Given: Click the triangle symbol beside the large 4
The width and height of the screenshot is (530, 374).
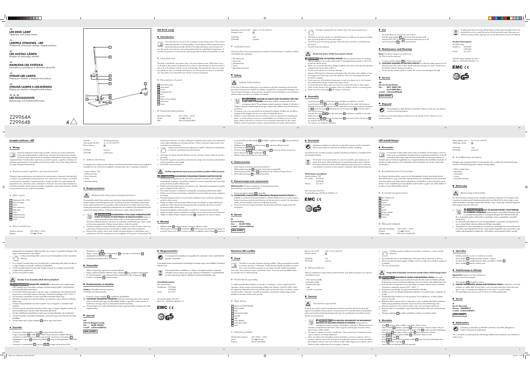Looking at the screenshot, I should (73, 122).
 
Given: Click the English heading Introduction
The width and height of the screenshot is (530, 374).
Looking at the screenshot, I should (167, 37).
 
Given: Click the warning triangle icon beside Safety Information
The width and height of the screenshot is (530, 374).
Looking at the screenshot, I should (234, 83).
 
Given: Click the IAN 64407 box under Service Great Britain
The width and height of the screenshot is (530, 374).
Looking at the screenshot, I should (386, 96).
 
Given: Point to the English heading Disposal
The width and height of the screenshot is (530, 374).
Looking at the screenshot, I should (386, 104).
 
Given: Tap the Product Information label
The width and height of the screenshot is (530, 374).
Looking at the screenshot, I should (462, 42).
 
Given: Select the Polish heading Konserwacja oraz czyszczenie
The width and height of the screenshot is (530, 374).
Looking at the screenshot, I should (251, 181).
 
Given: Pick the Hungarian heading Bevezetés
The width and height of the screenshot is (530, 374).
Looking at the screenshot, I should (390, 148).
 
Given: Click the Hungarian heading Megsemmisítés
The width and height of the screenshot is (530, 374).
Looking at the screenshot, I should (169, 251).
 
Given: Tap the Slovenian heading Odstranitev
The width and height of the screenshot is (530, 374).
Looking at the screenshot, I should (462, 323).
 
